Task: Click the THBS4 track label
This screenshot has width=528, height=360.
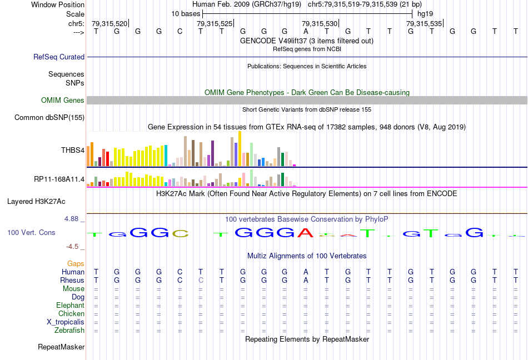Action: coord(73,150)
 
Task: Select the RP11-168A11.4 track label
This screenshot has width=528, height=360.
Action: coord(59,179)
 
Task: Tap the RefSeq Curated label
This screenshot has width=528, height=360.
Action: coord(59,57)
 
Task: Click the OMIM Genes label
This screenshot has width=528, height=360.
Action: coord(63,101)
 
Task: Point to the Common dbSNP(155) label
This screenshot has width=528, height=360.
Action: coord(49,117)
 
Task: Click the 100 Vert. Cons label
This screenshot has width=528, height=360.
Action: coord(31,232)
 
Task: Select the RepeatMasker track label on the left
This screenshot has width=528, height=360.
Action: coord(61,347)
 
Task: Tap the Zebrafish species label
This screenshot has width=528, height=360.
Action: coord(69,331)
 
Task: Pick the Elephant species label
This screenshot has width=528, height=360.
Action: coord(70,306)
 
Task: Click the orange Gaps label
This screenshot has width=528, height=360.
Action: coord(76,263)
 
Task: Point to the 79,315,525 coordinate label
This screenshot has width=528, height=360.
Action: coord(215,23)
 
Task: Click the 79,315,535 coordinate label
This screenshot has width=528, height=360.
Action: coord(424,23)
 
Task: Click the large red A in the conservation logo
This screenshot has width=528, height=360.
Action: coord(306,232)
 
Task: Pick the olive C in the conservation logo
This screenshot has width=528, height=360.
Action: coord(180,233)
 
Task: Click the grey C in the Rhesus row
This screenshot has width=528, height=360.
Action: coord(201,281)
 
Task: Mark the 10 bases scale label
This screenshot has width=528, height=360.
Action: coord(185,13)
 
